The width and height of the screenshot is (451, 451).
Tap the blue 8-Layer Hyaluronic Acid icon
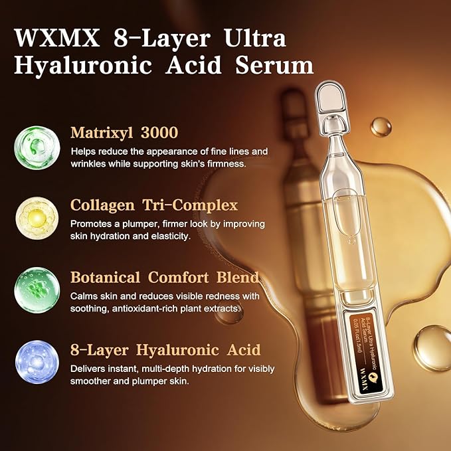pos(37,362)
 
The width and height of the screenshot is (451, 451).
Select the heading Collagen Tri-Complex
pos(154,205)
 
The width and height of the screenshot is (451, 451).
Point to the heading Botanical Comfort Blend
pos(165,277)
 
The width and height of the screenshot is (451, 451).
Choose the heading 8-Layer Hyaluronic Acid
pos(165,349)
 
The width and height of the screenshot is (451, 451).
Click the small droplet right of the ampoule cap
pos(381,127)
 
